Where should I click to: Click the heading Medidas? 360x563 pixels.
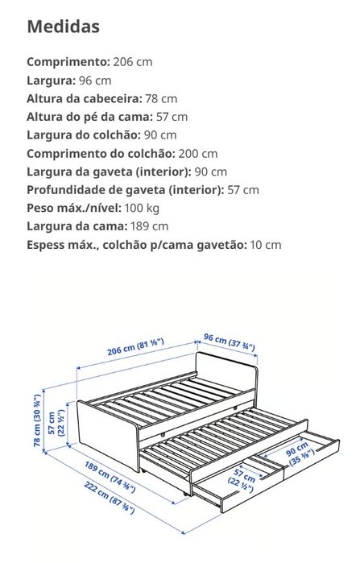point(64,27)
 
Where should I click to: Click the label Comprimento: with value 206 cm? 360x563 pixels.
point(68,61)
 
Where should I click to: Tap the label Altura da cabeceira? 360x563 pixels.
point(84,98)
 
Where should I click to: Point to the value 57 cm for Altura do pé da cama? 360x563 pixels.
point(172,117)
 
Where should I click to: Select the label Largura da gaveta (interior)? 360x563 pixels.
point(109,172)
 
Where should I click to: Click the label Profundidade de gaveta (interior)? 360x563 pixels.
point(124,190)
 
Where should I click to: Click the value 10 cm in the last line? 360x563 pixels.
point(266,246)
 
